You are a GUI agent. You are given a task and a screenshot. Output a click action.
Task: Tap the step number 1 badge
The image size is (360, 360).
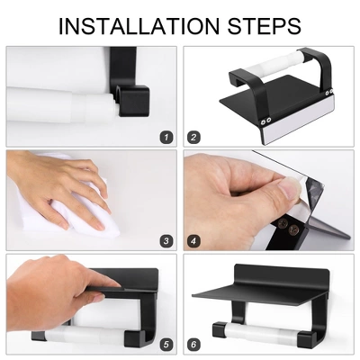click(x=166, y=138)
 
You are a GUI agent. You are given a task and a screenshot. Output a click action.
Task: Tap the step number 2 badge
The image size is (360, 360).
click(x=194, y=138)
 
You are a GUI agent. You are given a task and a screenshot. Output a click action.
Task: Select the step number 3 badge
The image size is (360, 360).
click(x=166, y=241)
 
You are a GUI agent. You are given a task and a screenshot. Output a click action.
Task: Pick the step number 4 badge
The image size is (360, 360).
click(x=194, y=241)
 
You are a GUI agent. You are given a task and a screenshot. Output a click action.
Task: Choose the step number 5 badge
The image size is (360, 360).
click(x=166, y=345)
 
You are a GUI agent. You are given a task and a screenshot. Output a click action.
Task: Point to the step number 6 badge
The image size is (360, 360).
click(x=194, y=345)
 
